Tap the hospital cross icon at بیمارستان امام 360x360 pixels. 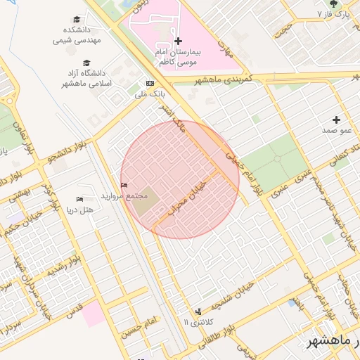pyautogui.click(x=178, y=41)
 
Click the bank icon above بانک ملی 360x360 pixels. pyautogui.click(x=149, y=83)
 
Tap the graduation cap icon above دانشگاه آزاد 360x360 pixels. pyautogui.click(x=86, y=63)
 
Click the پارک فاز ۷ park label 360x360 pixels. pyautogui.click(x=333, y=14)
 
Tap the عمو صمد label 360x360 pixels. pyautogui.click(x=336, y=131)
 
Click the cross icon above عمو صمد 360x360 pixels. pyautogui.click(x=336, y=120)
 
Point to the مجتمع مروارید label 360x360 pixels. pyautogui.click(x=122, y=195)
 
